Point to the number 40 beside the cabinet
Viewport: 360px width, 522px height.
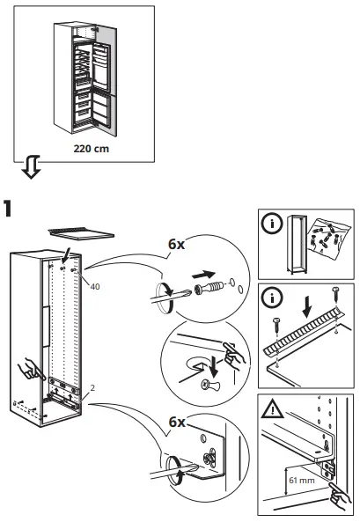point(93,286)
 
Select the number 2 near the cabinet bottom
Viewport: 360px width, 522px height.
point(92,388)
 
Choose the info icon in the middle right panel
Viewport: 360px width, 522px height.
point(275,298)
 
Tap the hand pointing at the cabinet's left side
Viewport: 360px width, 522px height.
point(28,369)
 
